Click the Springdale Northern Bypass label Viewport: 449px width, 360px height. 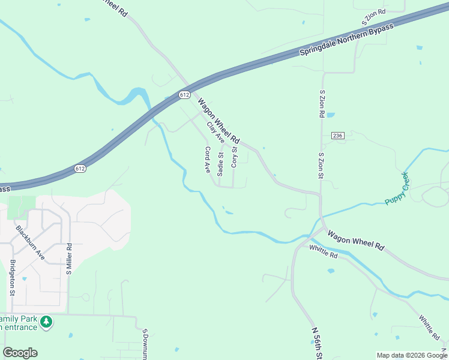click(347, 41)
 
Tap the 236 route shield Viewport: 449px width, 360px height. click(337, 136)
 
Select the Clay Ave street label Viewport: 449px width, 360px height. click(215, 132)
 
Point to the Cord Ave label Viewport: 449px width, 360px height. click(208, 160)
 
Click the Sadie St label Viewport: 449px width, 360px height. click(221, 164)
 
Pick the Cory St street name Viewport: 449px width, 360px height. click(234, 157)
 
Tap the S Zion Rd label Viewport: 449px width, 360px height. click(322, 104)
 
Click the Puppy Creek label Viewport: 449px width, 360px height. click(397, 188)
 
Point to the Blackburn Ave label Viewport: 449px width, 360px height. click(31, 242)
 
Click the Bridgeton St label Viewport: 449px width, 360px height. click(12, 277)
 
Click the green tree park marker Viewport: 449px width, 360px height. click(46, 323)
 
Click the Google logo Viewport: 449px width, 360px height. click(20, 353)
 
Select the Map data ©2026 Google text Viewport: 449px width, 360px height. click(412, 355)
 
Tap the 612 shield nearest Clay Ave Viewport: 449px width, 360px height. click(184, 95)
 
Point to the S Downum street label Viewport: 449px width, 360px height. click(145, 343)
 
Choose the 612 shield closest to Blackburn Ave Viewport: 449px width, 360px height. click(80, 169)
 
